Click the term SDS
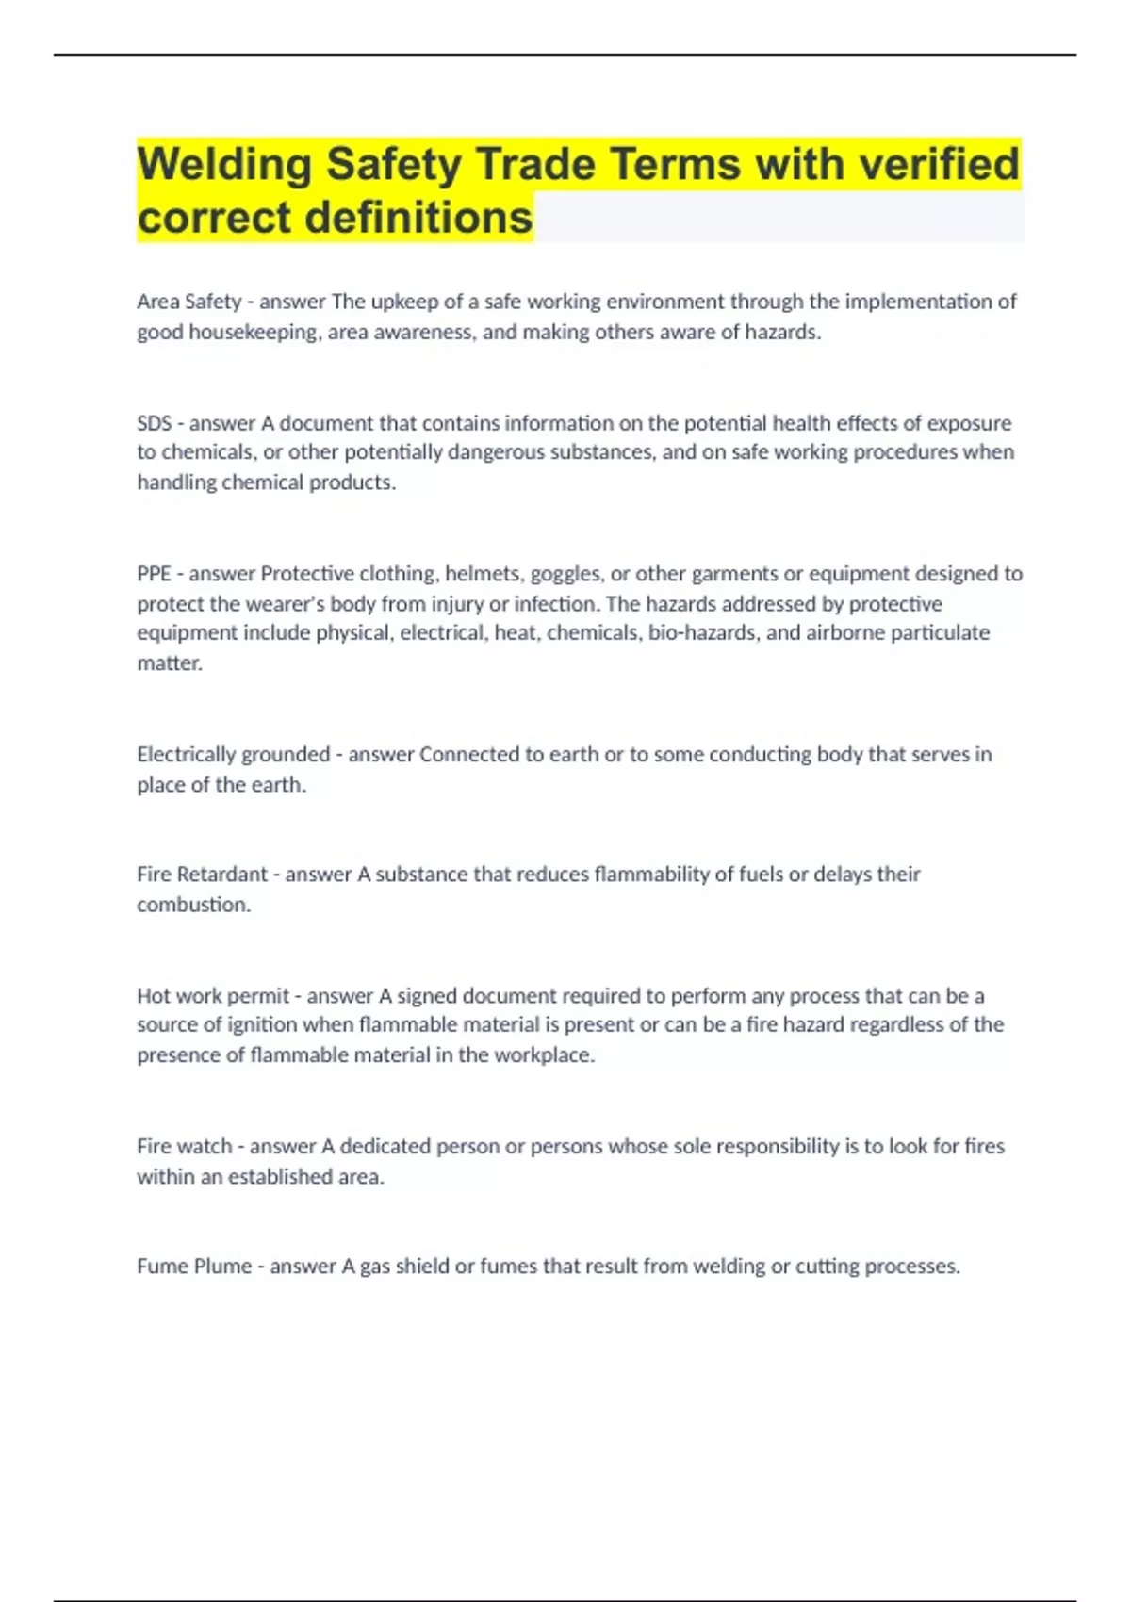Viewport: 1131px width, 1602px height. tap(154, 423)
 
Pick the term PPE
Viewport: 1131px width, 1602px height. tap(154, 574)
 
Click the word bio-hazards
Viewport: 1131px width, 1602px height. tap(702, 632)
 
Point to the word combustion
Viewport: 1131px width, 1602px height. tap(192, 905)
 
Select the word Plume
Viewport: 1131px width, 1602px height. tap(221, 1267)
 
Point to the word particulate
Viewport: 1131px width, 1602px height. tap(940, 632)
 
